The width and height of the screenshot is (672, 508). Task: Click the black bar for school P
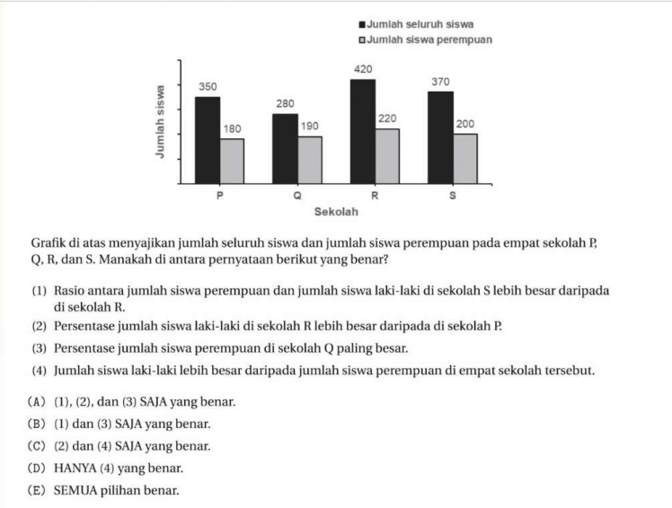(208, 139)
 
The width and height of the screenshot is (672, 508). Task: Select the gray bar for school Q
(310, 159)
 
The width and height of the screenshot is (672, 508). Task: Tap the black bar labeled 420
(362, 131)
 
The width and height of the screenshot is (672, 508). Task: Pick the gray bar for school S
(464, 158)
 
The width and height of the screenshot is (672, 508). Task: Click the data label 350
(207, 86)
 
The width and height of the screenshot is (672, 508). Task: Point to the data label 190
(310, 127)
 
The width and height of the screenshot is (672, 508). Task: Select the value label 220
(388, 118)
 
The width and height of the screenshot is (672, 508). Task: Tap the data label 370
(439, 81)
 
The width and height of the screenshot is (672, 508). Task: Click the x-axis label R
(375, 195)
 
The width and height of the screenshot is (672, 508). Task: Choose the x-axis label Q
(297, 195)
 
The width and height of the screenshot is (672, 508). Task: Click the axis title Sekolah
(336, 212)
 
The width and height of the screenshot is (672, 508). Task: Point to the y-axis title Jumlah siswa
(160, 121)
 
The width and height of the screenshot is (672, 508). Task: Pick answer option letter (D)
(40, 469)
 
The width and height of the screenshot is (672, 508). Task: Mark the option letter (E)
(40, 491)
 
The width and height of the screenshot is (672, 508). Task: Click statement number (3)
(40, 348)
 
